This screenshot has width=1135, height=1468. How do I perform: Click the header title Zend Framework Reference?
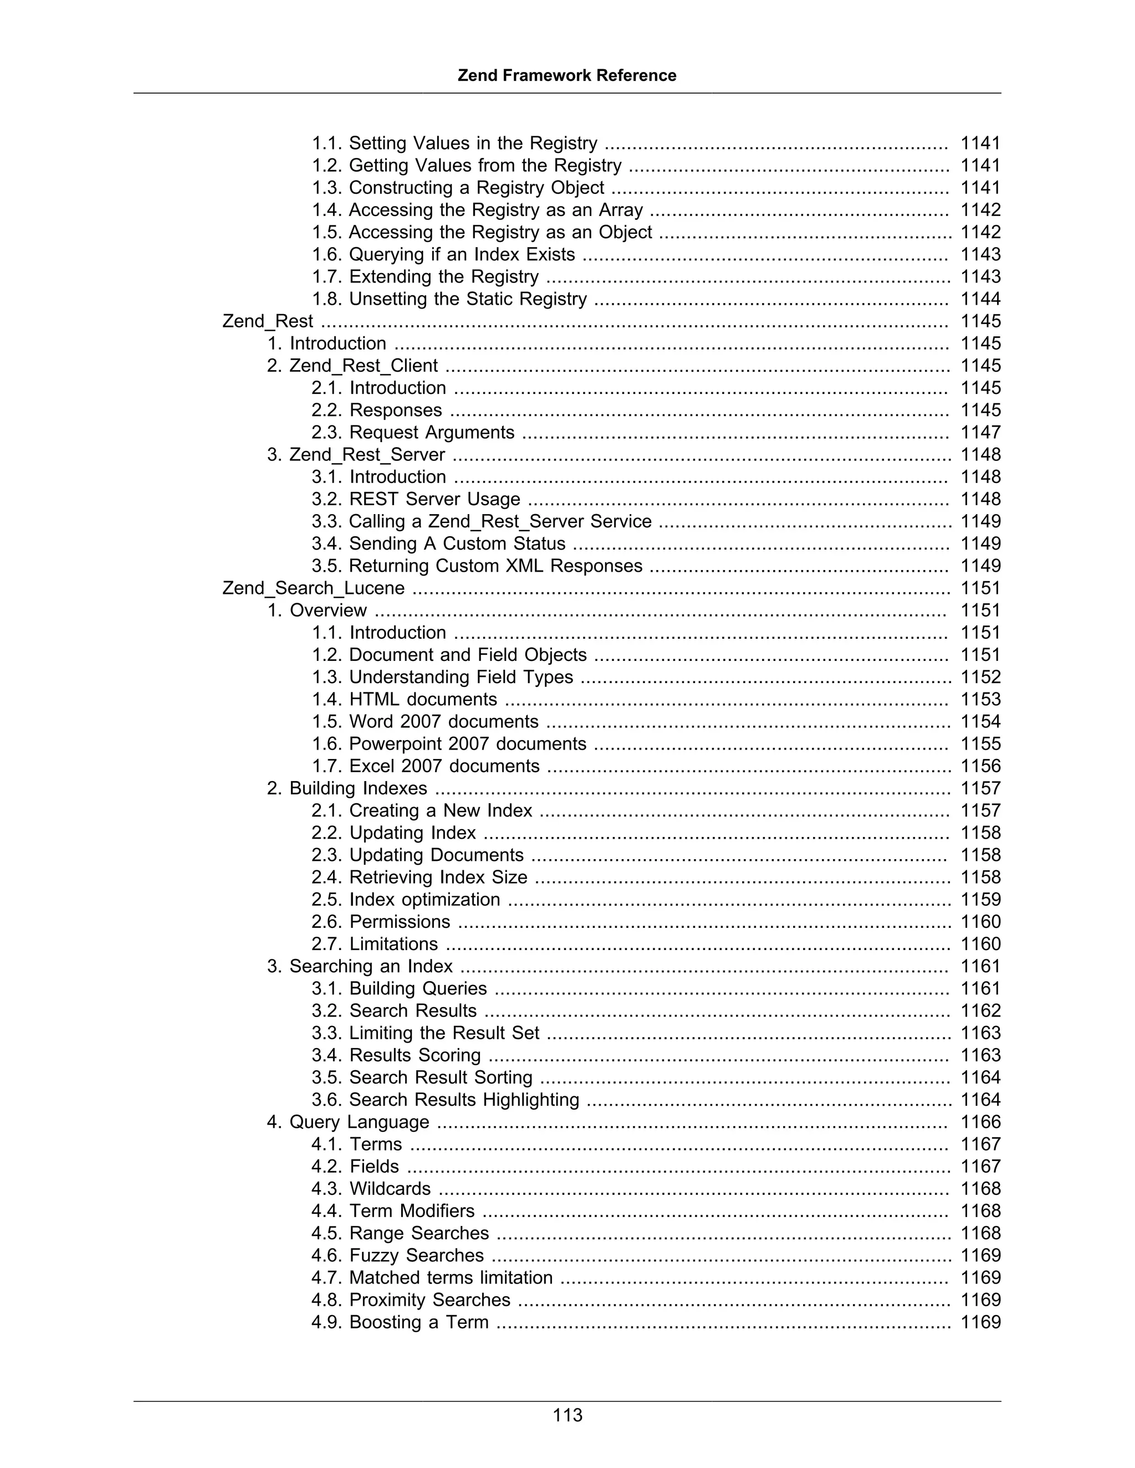tap(567, 75)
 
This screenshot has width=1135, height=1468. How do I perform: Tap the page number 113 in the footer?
tap(567, 1415)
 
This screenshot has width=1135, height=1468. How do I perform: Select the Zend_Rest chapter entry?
tap(268, 321)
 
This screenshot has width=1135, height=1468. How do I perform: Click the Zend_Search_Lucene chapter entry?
tap(313, 588)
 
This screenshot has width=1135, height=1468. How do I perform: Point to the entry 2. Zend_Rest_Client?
tap(352, 366)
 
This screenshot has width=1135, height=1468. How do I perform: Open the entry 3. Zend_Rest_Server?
tap(356, 455)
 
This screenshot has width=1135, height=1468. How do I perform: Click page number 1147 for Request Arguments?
tap(980, 432)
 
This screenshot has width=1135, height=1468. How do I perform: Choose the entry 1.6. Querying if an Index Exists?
tap(443, 255)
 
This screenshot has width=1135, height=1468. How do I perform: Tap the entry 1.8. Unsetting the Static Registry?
tap(449, 299)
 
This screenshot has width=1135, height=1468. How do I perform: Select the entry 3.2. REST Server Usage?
tap(416, 500)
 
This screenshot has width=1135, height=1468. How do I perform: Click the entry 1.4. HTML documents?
tap(404, 700)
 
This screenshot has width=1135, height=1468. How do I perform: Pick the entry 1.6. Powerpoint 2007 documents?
tap(448, 744)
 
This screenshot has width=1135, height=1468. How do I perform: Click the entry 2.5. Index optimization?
tap(406, 900)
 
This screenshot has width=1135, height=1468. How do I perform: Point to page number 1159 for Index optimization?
tap(980, 900)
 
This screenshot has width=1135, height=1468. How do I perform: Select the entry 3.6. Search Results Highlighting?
tap(445, 1100)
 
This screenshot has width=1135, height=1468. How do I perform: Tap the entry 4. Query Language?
tap(347, 1122)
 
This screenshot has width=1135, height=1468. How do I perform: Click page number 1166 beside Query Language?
tap(980, 1122)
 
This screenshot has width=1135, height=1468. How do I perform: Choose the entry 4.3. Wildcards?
tap(371, 1189)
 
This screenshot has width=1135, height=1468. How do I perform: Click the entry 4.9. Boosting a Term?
tap(400, 1322)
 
